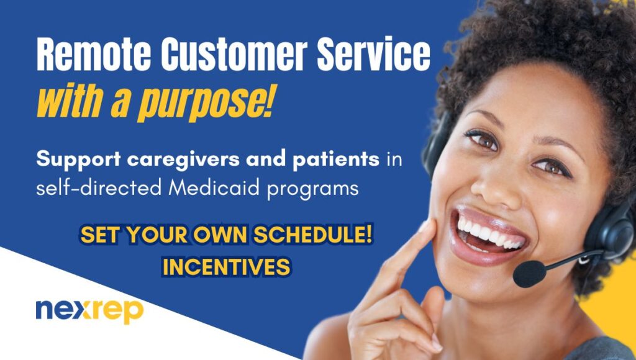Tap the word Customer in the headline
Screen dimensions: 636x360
234,54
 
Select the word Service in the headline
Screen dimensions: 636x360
373,54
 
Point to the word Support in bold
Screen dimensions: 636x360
78,160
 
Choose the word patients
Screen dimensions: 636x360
336,160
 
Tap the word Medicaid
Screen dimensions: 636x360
214,187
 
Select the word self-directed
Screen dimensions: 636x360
99,187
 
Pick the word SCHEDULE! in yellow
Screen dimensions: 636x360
313,235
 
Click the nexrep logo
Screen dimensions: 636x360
89,310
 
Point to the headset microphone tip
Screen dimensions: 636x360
529,274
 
